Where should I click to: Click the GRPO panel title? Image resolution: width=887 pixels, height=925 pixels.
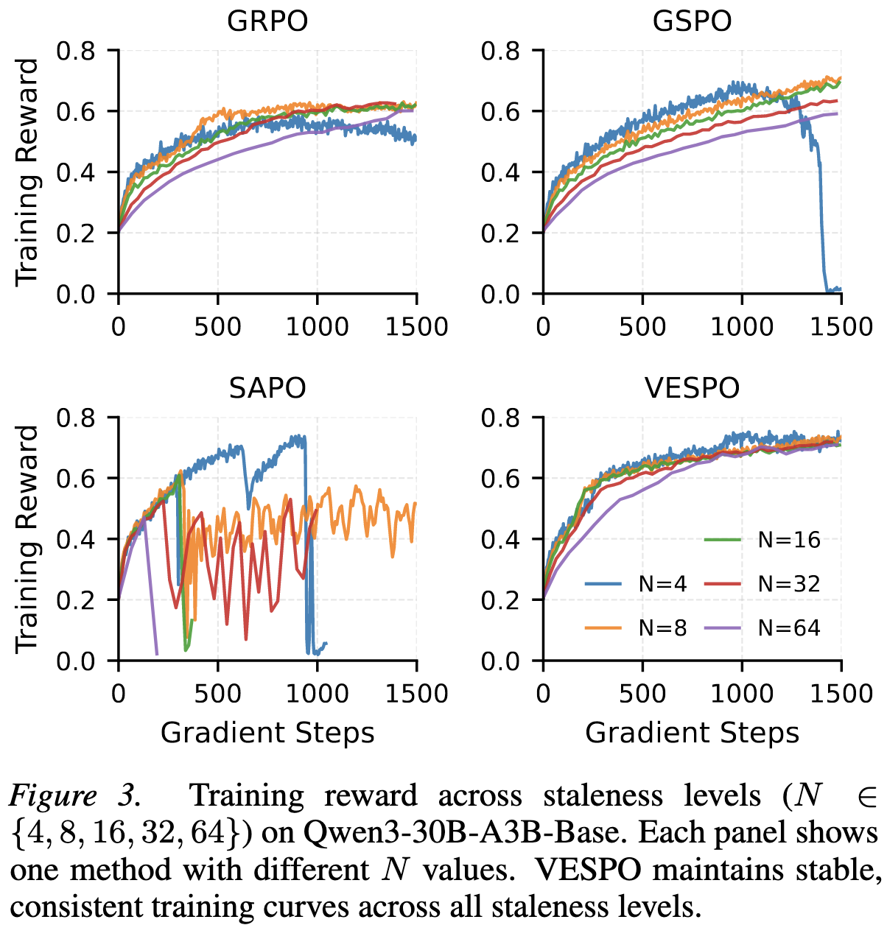(267, 21)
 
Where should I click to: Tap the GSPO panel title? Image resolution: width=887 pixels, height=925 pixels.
(693, 21)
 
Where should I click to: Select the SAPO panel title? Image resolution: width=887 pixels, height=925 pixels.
(267, 387)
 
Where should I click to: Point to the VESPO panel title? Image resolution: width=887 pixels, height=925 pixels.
(693, 387)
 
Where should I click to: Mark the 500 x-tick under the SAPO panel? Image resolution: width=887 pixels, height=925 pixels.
(218, 693)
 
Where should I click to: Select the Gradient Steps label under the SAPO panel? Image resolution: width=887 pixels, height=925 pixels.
(267, 733)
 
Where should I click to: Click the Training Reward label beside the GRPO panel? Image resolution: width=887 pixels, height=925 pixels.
(27, 172)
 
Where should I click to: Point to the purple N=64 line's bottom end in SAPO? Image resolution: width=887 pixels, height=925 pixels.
(156, 653)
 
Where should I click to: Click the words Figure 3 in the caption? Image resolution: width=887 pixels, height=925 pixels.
(74, 796)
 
